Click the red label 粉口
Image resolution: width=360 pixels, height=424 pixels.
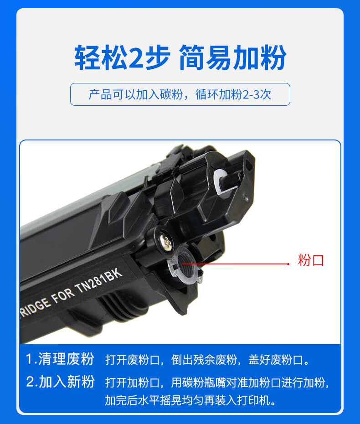[311, 260]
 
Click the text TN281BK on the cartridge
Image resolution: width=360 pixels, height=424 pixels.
[99, 281]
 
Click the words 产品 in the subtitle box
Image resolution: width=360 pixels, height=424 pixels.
[100, 94]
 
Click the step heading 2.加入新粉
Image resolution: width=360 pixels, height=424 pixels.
[60, 382]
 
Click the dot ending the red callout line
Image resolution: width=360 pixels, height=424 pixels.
[288, 264]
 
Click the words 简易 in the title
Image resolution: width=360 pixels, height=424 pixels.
[206, 57]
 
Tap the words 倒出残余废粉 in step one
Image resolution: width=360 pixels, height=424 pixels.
[204, 360]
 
